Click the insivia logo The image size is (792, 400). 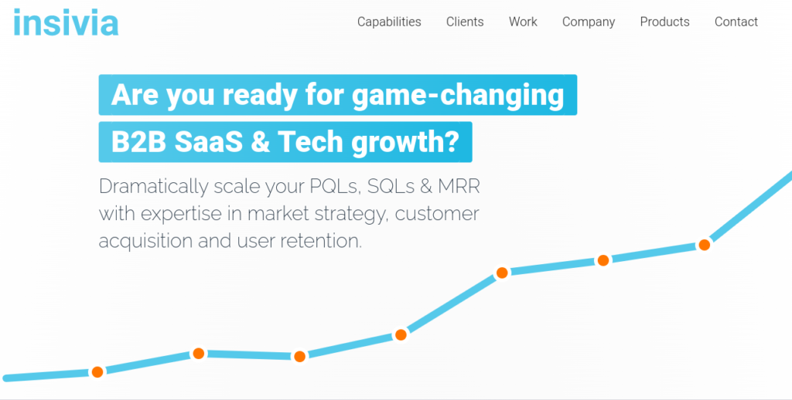tap(66, 22)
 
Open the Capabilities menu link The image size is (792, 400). tap(389, 22)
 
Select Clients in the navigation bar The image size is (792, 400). tap(465, 22)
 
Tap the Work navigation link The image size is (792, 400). tap(523, 22)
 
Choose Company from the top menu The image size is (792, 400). tap(589, 22)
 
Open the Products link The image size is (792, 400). tap(664, 22)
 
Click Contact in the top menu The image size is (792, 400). tap(736, 22)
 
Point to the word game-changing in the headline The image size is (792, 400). tap(458, 95)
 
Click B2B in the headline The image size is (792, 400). tap(138, 142)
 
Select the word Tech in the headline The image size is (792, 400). tap(310, 142)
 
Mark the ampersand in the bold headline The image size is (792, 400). tap(260, 142)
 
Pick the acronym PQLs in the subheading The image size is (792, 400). tap(334, 187)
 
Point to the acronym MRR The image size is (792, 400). tap(459, 187)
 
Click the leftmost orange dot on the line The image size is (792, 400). tap(97, 372)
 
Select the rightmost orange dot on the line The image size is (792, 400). tap(704, 245)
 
